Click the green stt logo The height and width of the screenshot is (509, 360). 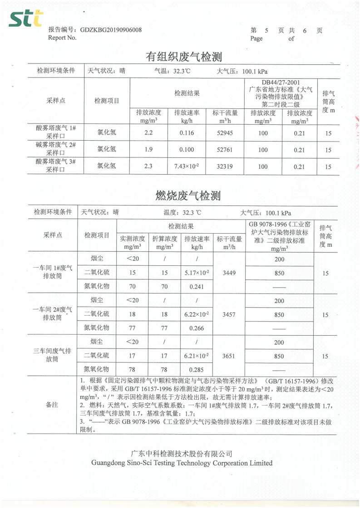tap(25, 19)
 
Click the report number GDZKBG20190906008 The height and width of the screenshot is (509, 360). tap(111, 30)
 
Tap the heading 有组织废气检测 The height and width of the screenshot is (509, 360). tap(183, 57)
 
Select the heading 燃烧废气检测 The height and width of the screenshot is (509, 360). tap(188, 196)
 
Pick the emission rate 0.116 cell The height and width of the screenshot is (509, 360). tap(187, 133)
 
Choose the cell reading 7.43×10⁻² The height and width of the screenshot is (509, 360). tap(187, 166)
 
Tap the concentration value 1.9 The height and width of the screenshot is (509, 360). tap(148, 150)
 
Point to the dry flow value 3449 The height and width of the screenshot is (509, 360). tap(229, 273)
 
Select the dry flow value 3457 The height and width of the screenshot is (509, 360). tap(229, 314)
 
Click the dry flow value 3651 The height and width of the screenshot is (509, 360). tap(229, 356)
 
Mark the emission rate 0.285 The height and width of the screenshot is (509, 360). tap(197, 370)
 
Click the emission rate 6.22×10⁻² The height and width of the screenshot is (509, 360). tap(197, 314)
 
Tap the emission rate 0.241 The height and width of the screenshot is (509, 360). tap(197, 287)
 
